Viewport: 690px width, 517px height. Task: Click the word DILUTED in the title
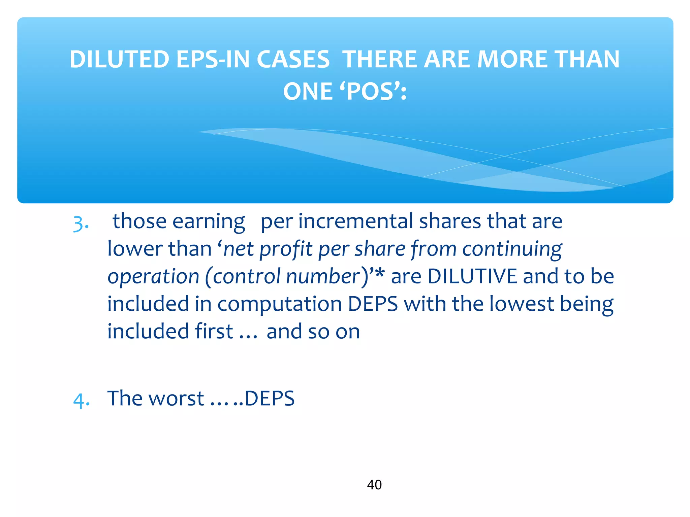pyautogui.click(x=120, y=60)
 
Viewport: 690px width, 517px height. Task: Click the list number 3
pyautogui.click(x=81, y=223)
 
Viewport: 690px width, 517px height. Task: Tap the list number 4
pyautogui.click(x=81, y=400)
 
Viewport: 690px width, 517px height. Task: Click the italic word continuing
pyautogui.click(x=512, y=249)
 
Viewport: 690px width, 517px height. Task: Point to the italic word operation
pyautogui.click(x=153, y=277)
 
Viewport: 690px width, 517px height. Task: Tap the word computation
pyautogui.click(x=280, y=304)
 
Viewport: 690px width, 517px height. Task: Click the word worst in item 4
pyautogui.click(x=176, y=399)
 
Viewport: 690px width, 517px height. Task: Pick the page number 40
pyautogui.click(x=374, y=485)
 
